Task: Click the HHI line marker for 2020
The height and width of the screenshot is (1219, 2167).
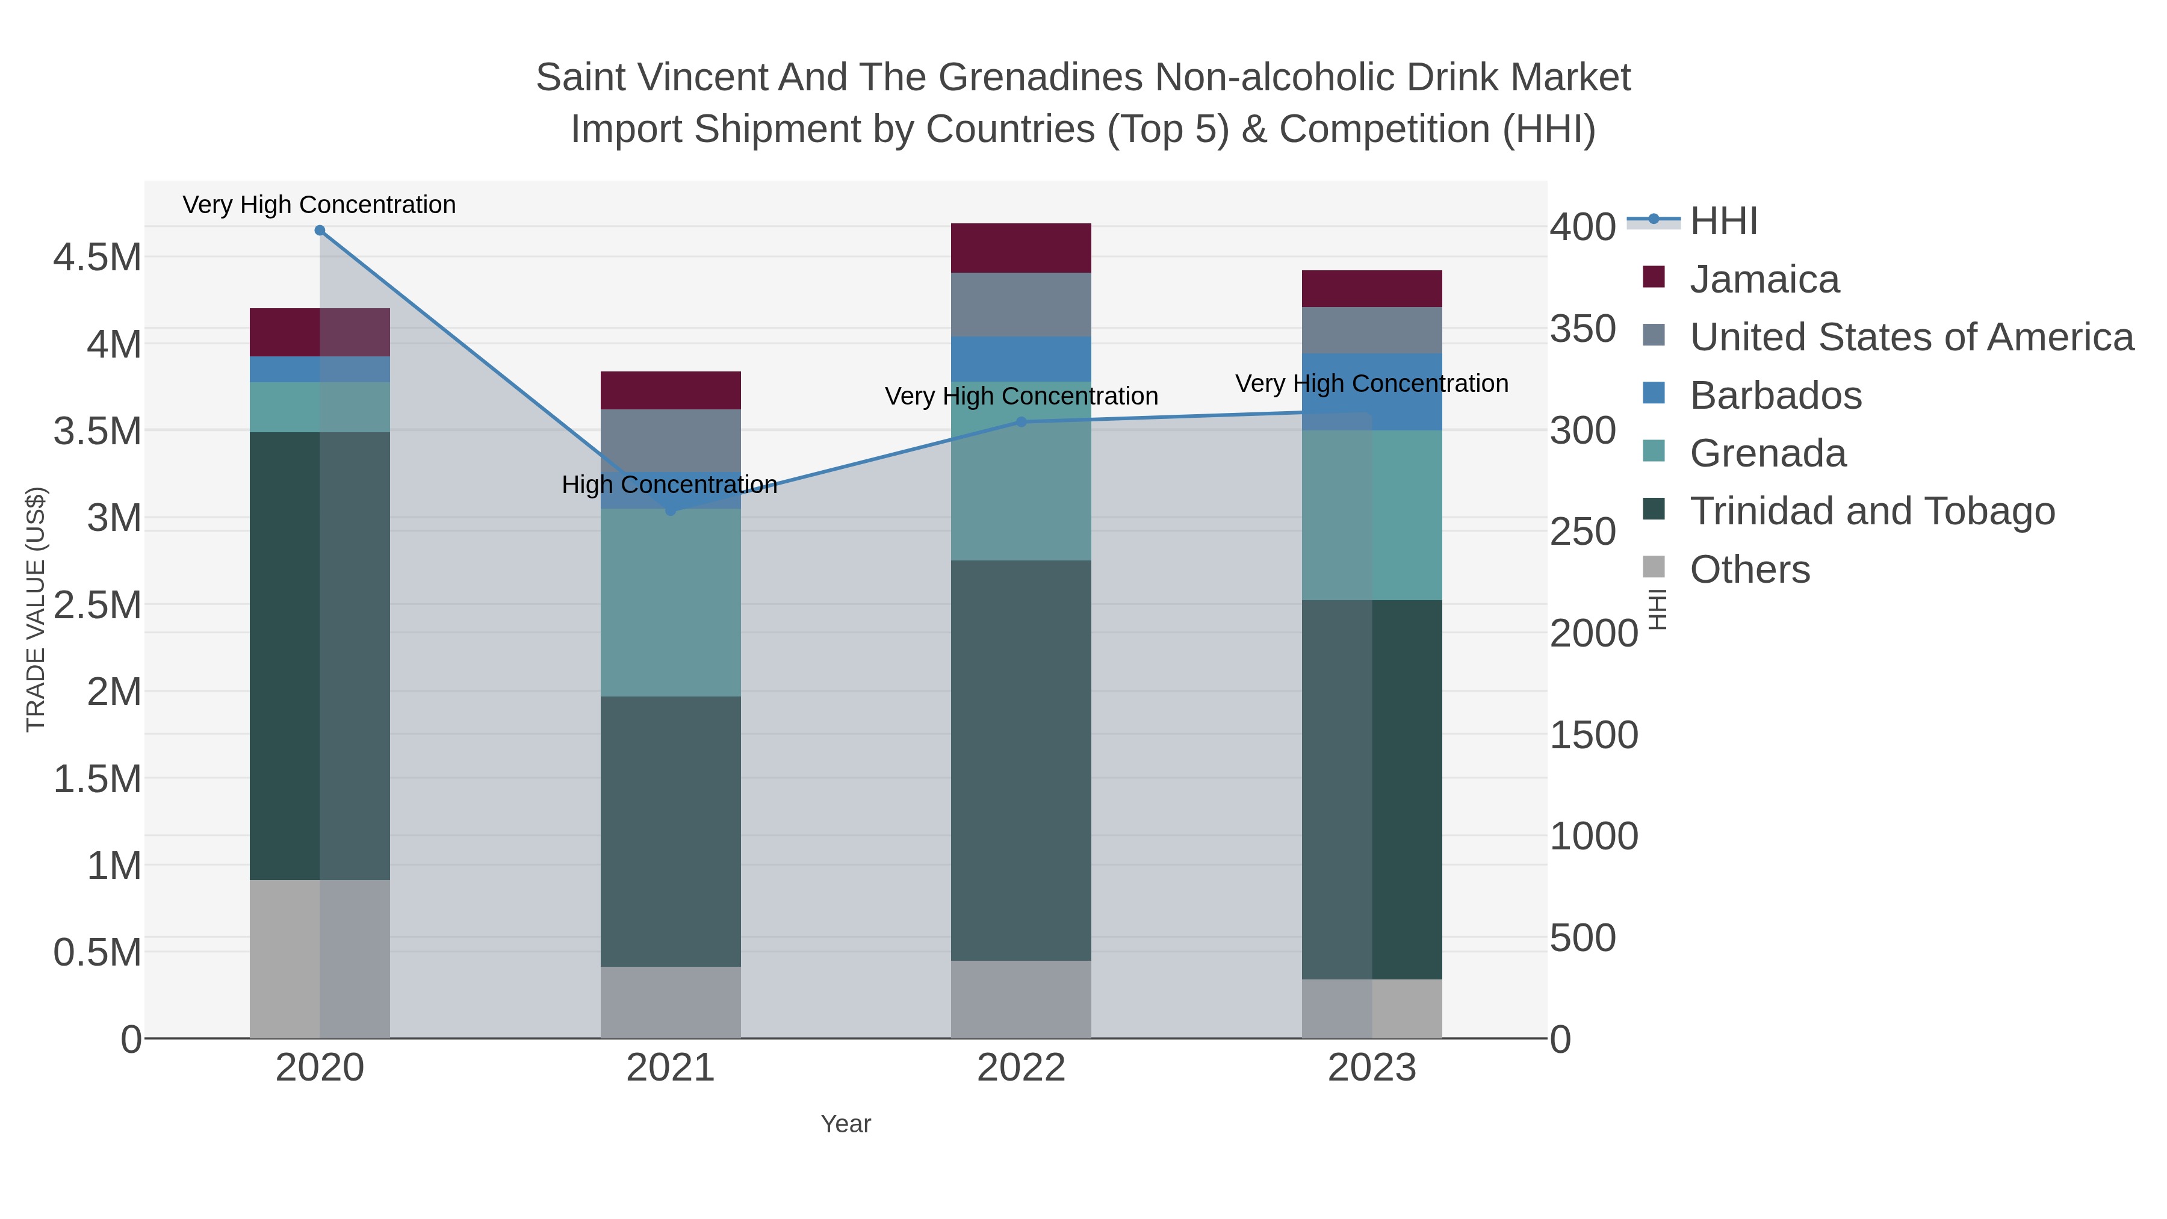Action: tap(320, 231)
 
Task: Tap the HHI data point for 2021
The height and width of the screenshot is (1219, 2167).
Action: tap(671, 510)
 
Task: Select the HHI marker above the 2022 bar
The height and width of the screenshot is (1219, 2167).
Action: tap(1021, 423)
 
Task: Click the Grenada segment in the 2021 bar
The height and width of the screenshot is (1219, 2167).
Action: tap(671, 603)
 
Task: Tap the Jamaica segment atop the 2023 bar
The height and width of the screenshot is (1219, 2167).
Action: tap(1371, 288)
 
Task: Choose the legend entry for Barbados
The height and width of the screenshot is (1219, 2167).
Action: tap(1775, 395)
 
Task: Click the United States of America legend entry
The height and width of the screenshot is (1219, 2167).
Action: tap(1909, 337)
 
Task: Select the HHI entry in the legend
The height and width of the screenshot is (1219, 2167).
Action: tap(1723, 222)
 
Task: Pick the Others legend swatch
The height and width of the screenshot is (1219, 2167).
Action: tap(1654, 568)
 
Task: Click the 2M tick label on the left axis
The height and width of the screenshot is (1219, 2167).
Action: tap(114, 692)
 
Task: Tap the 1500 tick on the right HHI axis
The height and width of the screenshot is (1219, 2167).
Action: tap(1593, 735)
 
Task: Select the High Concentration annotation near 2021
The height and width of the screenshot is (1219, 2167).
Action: tap(669, 485)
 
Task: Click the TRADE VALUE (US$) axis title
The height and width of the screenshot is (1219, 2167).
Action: tap(36, 609)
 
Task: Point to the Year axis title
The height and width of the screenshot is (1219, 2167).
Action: tap(846, 1124)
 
